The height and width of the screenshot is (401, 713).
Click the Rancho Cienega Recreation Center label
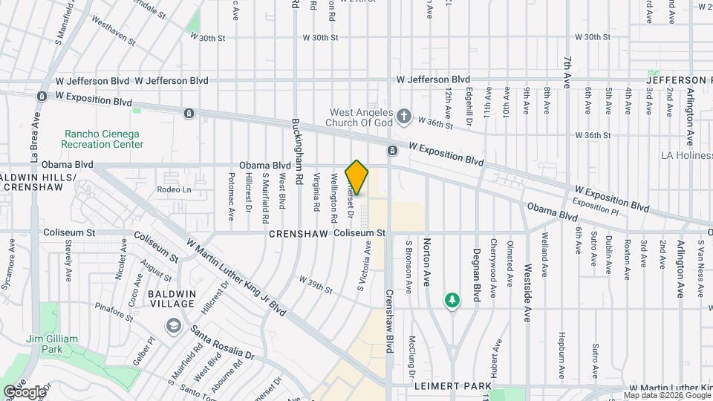[x=103, y=139]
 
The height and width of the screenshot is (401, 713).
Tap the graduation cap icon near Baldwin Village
[x=173, y=326]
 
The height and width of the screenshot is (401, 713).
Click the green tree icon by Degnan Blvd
[x=452, y=299]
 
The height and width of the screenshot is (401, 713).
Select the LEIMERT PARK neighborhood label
[x=452, y=386]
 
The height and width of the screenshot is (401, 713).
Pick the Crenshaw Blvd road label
[x=388, y=322]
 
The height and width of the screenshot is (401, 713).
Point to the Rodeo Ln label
[x=174, y=189]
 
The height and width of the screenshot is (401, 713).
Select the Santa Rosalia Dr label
[x=223, y=340]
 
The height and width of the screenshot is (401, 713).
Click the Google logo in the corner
[x=24, y=391]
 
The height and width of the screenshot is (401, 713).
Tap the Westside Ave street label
[x=527, y=292]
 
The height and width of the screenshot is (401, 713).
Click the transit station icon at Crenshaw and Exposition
[x=392, y=151]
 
